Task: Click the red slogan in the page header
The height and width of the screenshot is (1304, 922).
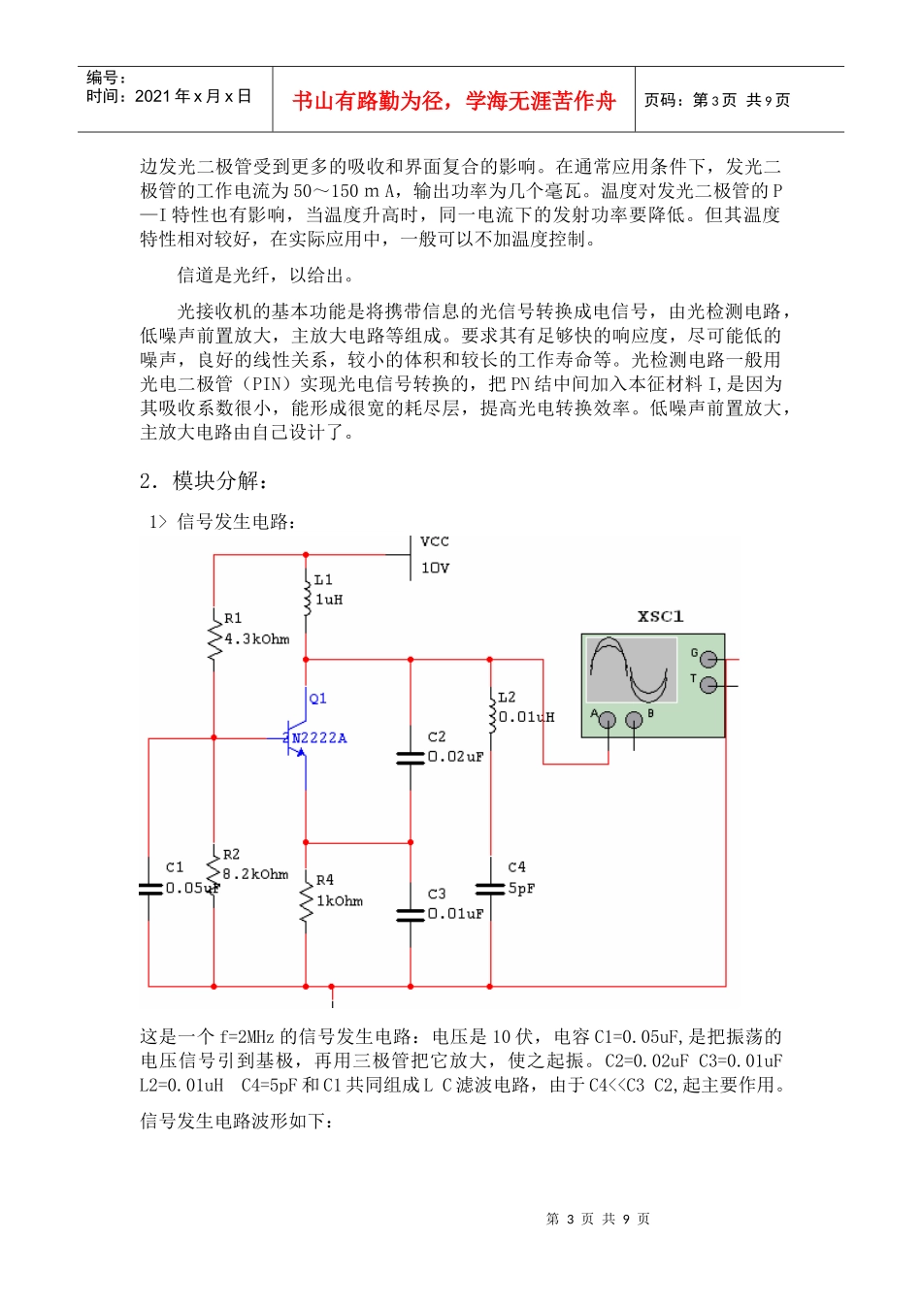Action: coord(453,101)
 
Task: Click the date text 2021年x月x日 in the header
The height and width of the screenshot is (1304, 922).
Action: coord(192,96)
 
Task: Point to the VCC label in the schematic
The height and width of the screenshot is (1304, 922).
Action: coord(435,541)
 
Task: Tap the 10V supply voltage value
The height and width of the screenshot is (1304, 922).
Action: coord(435,568)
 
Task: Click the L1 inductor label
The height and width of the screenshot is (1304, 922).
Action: coord(323,579)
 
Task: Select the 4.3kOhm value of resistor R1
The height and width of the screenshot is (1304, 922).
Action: coord(256,639)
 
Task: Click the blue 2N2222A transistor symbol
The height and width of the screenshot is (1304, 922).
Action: coord(295,738)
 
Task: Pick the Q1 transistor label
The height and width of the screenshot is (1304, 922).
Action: coord(318,699)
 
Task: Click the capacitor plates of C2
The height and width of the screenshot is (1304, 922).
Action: coord(411,757)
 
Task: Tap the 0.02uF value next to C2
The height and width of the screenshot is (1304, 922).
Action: coord(455,757)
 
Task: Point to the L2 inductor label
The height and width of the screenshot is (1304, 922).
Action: coord(507,697)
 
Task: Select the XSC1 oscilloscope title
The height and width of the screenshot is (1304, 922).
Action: coord(660,616)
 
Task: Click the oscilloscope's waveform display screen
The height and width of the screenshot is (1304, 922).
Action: coord(632,669)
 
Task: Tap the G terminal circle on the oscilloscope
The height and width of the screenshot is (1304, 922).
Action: coord(709,659)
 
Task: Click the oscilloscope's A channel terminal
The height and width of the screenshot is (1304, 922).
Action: coord(607,720)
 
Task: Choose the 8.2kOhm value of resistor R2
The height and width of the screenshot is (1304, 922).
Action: coord(255,874)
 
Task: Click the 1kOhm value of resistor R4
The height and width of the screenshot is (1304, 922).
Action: coord(340,901)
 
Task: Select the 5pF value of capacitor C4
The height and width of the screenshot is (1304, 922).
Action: coord(521,889)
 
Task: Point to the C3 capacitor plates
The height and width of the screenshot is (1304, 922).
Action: coord(411,914)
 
